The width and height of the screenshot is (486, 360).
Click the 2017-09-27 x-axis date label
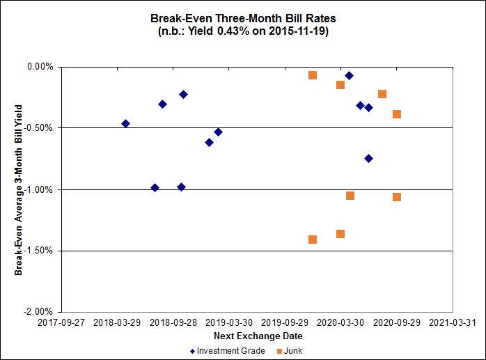[x=61, y=324]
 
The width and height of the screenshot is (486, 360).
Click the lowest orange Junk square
[x=313, y=240]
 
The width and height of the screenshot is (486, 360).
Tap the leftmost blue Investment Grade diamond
[x=125, y=123]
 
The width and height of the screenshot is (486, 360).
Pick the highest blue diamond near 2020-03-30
[x=349, y=75]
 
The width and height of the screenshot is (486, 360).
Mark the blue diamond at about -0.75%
[x=368, y=159]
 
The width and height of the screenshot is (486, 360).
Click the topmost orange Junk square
[x=313, y=75]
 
